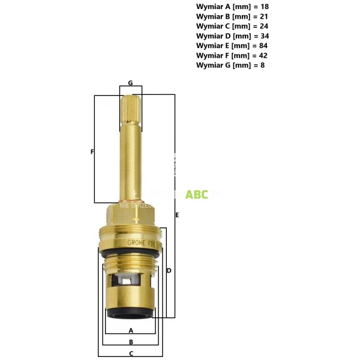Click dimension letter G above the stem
click(x=130, y=83)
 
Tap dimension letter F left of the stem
click(x=92, y=152)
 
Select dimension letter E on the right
click(x=177, y=214)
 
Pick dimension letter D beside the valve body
click(x=169, y=271)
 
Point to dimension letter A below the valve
click(x=131, y=331)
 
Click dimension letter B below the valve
click(x=131, y=342)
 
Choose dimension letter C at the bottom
click(x=131, y=353)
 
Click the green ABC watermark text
click(x=197, y=194)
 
